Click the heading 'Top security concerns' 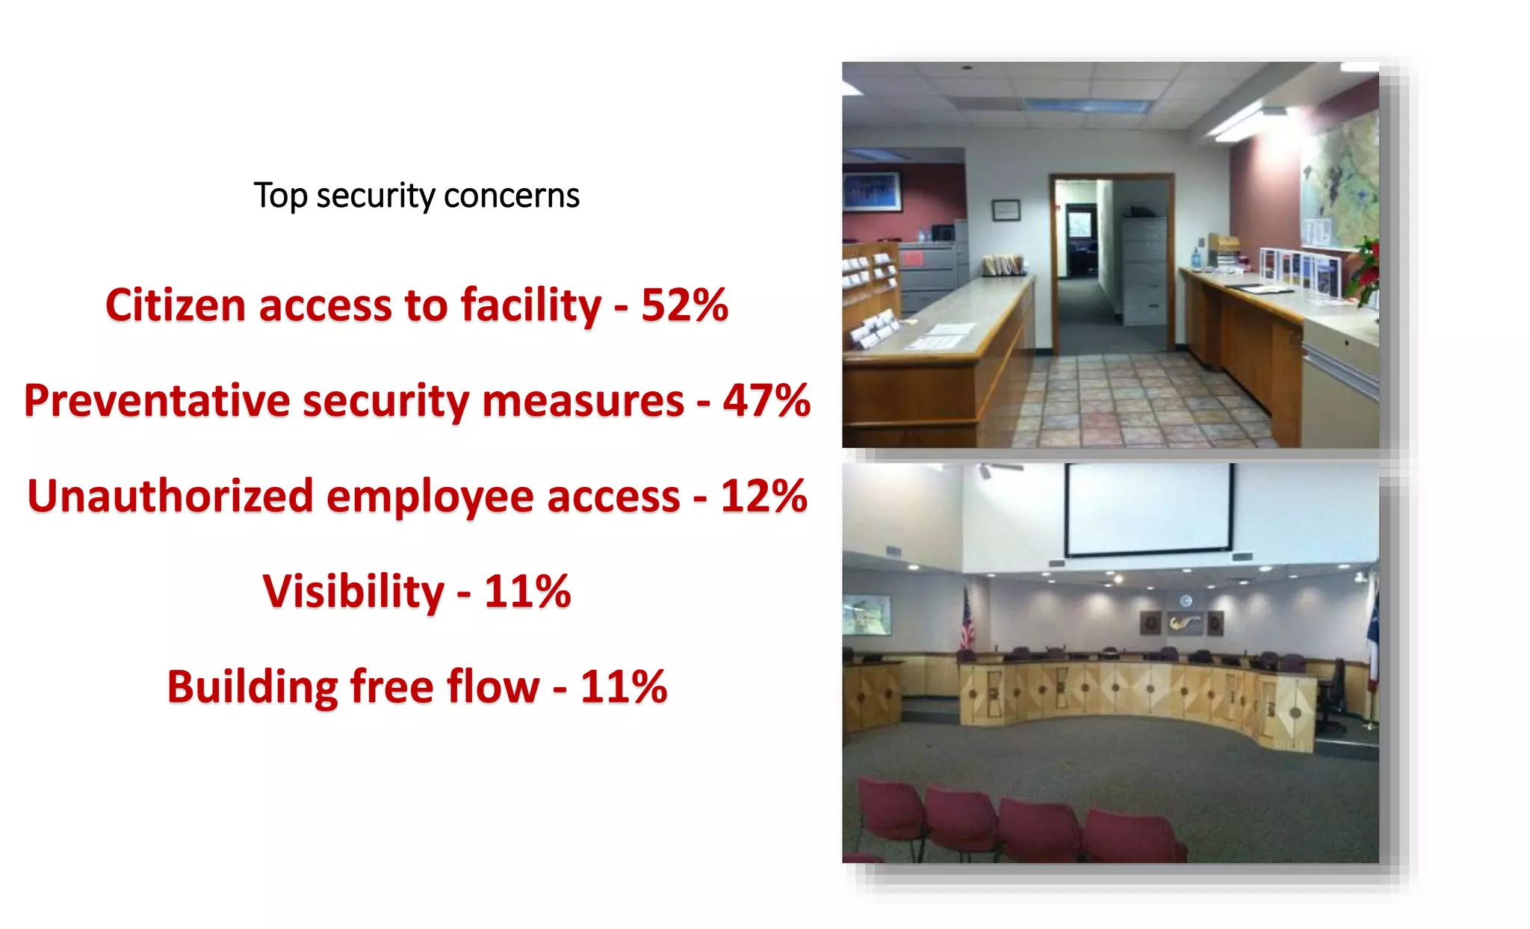pyautogui.click(x=416, y=196)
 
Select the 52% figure pyautogui.click(x=684, y=305)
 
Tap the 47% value pyautogui.click(x=766, y=401)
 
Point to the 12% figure pyautogui.click(x=764, y=497)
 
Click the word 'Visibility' pyautogui.click(x=353, y=591)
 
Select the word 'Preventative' pyautogui.click(x=156, y=401)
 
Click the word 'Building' pyautogui.click(x=252, y=687)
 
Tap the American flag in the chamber pyautogui.click(x=967, y=618)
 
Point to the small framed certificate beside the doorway pyautogui.click(x=1006, y=210)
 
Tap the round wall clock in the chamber pyautogui.click(x=1186, y=601)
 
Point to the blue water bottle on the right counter pyautogui.click(x=1196, y=258)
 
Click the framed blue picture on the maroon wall pyautogui.click(x=872, y=191)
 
